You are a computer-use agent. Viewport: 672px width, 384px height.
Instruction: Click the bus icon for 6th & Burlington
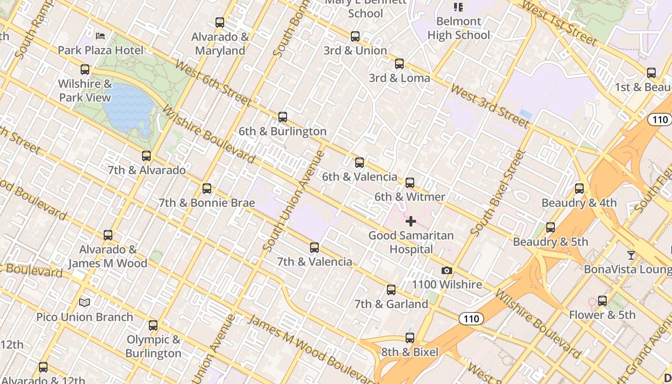(x=283, y=117)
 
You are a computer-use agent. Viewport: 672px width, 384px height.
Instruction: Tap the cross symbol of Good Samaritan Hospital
(x=411, y=221)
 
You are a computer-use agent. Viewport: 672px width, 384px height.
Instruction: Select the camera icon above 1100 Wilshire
(x=446, y=271)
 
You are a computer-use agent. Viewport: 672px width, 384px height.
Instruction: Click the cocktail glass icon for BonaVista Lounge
(x=631, y=255)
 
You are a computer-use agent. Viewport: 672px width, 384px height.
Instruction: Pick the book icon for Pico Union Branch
(x=84, y=303)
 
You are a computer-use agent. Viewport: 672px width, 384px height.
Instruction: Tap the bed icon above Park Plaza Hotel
(x=100, y=36)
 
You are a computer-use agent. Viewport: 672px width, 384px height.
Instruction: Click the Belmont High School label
(x=458, y=28)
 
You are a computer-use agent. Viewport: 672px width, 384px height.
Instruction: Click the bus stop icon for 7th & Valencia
(x=314, y=248)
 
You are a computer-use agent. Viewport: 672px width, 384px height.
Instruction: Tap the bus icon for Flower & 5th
(x=602, y=301)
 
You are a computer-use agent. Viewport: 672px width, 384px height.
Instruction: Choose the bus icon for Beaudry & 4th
(x=579, y=189)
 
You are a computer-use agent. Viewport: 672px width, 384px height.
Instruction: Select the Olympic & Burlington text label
(x=154, y=347)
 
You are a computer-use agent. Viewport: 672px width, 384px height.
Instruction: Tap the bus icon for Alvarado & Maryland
(x=220, y=23)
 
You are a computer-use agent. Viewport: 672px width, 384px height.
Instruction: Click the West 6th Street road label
(x=213, y=83)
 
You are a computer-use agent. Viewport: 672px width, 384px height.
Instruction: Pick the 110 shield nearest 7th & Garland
(x=471, y=319)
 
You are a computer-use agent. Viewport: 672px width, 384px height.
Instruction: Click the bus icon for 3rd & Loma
(x=399, y=64)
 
